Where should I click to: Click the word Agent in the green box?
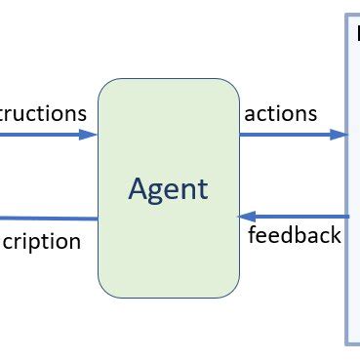168,187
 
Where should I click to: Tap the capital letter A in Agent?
139,187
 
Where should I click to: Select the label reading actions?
281,113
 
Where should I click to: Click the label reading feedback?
295,235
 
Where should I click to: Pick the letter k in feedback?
336,234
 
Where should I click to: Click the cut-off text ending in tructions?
43,113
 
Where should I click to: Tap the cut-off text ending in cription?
40,241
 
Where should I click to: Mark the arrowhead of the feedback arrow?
246,216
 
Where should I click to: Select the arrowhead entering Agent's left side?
91,135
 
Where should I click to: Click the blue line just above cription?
49,218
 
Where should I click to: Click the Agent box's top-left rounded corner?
103,84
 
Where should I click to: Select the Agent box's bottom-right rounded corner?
234,291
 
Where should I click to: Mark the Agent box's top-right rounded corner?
234,84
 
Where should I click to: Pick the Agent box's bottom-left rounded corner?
103,291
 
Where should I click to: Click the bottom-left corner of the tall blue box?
347,342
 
